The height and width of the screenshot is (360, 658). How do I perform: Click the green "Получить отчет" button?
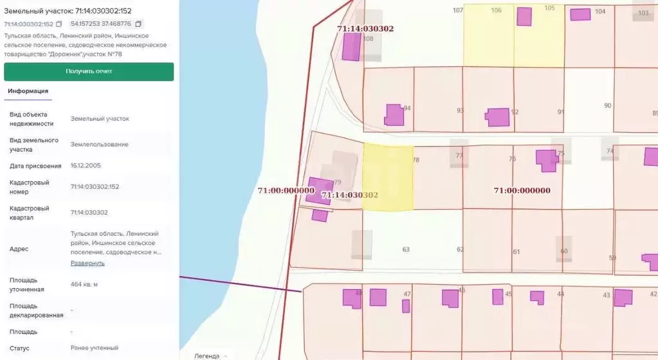pyautogui.click(x=89, y=71)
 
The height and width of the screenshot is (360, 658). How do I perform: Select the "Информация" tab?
pyautogui.click(x=28, y=91)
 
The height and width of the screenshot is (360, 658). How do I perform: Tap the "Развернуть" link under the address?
pyautogui.click(x=87, y=263)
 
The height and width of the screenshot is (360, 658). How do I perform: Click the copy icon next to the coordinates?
pyautogui.click(x=138, y=24)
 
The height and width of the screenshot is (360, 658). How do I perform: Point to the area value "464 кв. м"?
pyautogui.click(x=84, y=284)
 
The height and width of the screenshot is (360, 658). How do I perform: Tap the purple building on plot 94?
pyautogui.click(x=394, y=114)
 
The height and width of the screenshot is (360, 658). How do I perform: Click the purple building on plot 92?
pyautogui.click(x=497, y=117)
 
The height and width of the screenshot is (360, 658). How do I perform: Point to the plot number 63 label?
pyautogui.click(x=406, y=249)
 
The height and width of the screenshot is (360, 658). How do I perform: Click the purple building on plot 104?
pyautogui.click(x=580, y=14)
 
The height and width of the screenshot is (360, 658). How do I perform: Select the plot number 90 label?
pyautogui.click(x=607, y=105)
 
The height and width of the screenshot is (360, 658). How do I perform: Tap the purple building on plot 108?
pyautogui.click(x=351, y=46)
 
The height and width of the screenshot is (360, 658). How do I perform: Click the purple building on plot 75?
pyautogui.click(x=547, y=159)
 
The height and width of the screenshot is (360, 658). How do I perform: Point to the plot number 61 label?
pyautogui.click(x=516, y=251)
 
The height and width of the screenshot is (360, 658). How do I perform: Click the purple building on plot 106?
pyautogui.click(x=524, y=17)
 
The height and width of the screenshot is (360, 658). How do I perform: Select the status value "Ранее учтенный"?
pyautogui.click(x=95, y=348)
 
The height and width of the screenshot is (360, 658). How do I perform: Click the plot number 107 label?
pyautogui.click(x=457, y=10)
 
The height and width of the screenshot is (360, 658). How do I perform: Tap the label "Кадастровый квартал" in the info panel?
pyautogui.click(x=30, y=213)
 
